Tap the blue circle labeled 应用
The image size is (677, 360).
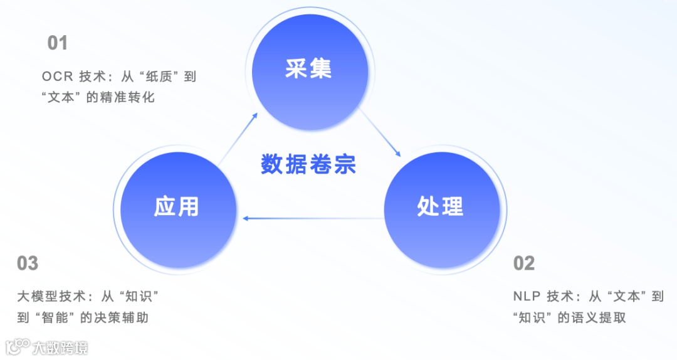tap(177, 206)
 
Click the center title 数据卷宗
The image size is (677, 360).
tap(308, 164)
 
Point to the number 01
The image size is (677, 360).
tap(57, 43)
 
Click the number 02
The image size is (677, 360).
tap(524, 263)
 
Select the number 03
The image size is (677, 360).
tap(28, 263)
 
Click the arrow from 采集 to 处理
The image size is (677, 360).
tap(380, 134)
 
